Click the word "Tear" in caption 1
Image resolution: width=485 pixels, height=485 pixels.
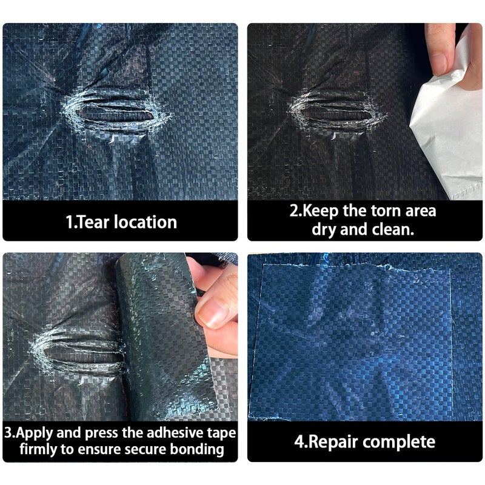click(92, 222)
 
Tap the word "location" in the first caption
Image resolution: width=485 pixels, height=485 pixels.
click(145, 222)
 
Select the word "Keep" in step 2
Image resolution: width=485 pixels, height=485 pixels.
click(320, 212)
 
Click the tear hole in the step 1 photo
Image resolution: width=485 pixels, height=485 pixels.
click(115, 115)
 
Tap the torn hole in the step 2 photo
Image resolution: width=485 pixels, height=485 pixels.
click(337, 115)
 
